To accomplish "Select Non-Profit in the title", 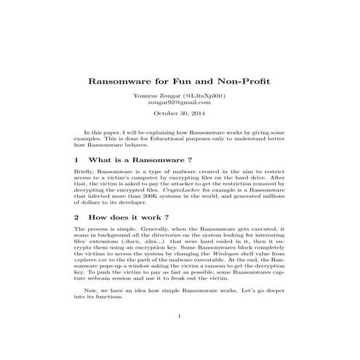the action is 244,81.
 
